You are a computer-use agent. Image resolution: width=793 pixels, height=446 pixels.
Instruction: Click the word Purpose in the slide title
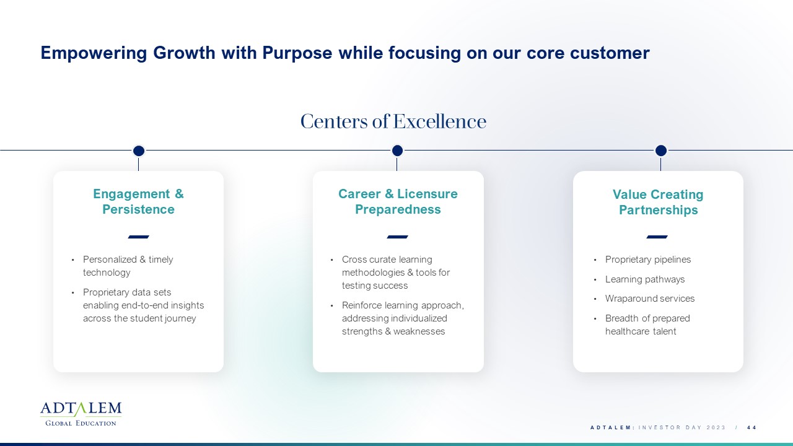(x=297, y=53)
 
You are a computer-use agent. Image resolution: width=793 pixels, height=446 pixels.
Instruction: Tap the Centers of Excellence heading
(x=393, y=121)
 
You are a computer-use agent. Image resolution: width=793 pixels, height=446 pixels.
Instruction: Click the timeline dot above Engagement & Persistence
(x=139, y=151)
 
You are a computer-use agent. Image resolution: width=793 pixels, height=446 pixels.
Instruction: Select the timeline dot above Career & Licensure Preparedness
(x=397, y=151)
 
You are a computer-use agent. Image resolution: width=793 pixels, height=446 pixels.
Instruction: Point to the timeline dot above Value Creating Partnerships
(x=661, y=151)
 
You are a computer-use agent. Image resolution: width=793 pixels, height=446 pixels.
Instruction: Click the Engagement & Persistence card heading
(x=138, y=201)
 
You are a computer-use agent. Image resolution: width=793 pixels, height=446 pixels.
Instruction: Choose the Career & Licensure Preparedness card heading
(x=398, y=201)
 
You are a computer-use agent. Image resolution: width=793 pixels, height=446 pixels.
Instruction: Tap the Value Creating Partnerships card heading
(x=658, y=202)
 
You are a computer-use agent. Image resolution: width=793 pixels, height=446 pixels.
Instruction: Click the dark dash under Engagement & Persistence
(x=138, y=237)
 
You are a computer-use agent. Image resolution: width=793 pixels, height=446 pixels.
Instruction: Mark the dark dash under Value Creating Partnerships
(x=657, y=237)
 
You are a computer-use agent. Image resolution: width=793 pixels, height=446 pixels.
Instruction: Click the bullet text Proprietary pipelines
(x=648, y=260)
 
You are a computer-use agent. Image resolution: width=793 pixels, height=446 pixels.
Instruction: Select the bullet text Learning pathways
(x=645, y=279)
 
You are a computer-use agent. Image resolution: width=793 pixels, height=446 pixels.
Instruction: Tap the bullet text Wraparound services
(x=650, y=299)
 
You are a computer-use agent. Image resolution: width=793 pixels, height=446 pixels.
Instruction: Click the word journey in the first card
(x=180, y=318)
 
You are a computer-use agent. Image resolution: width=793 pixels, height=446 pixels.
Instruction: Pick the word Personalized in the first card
(x=110, y=260)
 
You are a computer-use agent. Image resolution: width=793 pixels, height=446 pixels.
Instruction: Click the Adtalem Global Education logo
(x=81, y=414)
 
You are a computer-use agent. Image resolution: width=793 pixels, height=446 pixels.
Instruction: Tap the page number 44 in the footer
(x=751, y=427)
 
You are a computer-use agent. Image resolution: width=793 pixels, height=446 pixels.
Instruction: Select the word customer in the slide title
(x=610, y=53)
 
